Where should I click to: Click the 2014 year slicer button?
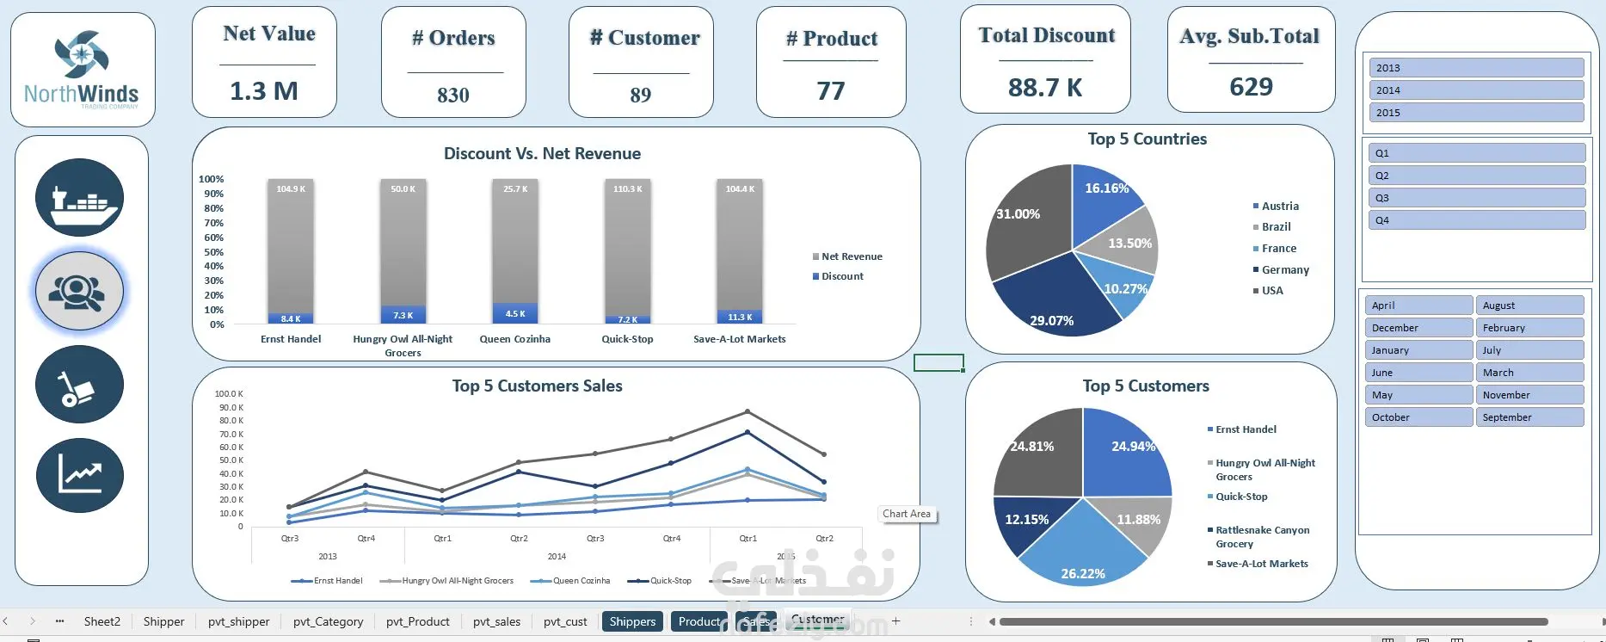pyautogui.click(x=1475, y=90)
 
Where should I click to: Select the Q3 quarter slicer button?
pyautogui.click(x=1475, y=198)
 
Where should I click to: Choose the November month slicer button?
pyautogui.click(x=1529, y=395)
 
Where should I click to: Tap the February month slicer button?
pyautogui.click(x=1529, y=328)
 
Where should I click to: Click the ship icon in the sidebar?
pyautogui.click(x=79, y=198)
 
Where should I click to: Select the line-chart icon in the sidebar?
pyautogui.click(x=79, y=475)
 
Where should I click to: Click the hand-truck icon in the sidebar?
pyautogui.click(x=79, y=384)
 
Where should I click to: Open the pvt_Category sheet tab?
pyautogui.click(x=328, y=621)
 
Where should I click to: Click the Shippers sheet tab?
pyautogui.click(x=632, y=621)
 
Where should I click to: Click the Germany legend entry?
pyautogui.click(x=1284, y=270)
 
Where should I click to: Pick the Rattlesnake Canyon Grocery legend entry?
pyautogui.click(x=1262, y=537)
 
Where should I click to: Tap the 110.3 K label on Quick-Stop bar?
pyautogui.click(x=627, y=189)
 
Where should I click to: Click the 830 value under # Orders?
pyautogui.click(x=453, y=96)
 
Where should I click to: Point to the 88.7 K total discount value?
pyautogui.click(x=1045, y=88)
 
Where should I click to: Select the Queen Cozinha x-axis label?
pyautogui.click(x=514, y=339)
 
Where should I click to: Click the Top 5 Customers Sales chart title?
pyautogui.click(x=537, y=386)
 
